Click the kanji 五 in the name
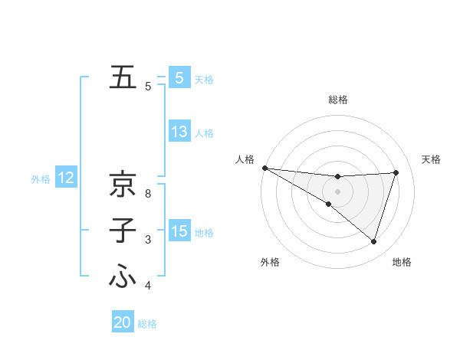coord(122,77)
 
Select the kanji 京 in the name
coord(122,184)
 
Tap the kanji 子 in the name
coord(122,231)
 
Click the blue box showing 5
coord(179,78)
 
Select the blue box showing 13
coord(179,132)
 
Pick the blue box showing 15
coord(179,231)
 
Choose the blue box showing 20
coord(123,322)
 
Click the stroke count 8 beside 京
coord(148,193)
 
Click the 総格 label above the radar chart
coord(338,100)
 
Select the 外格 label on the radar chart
coord(269,263)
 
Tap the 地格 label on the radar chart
coord(402,263)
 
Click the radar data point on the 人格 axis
coord(264,168)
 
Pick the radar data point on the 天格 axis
coord(396,172)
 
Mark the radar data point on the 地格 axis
coord(373,241)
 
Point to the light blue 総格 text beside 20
coord(147,324)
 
